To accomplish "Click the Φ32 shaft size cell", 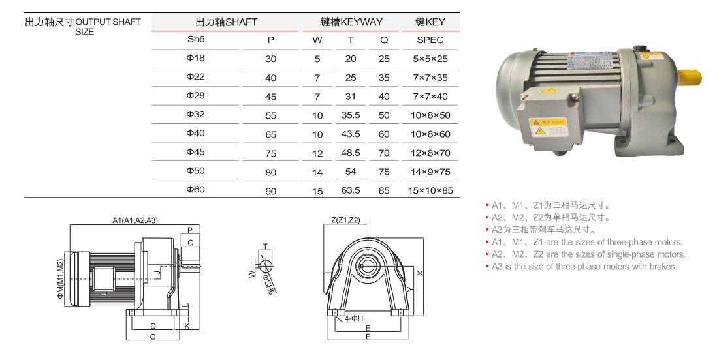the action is coord(195,114).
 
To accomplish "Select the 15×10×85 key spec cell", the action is coord(430,190).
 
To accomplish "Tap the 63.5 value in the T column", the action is coord(351,190).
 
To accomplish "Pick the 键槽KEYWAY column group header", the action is coord(351,22).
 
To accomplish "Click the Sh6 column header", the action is coord(196,39).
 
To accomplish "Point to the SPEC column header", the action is coord(430,40).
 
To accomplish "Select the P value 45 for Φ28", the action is coord(271,97).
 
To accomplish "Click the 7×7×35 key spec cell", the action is coord(430,78).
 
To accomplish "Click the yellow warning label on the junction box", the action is coord(547,127).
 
